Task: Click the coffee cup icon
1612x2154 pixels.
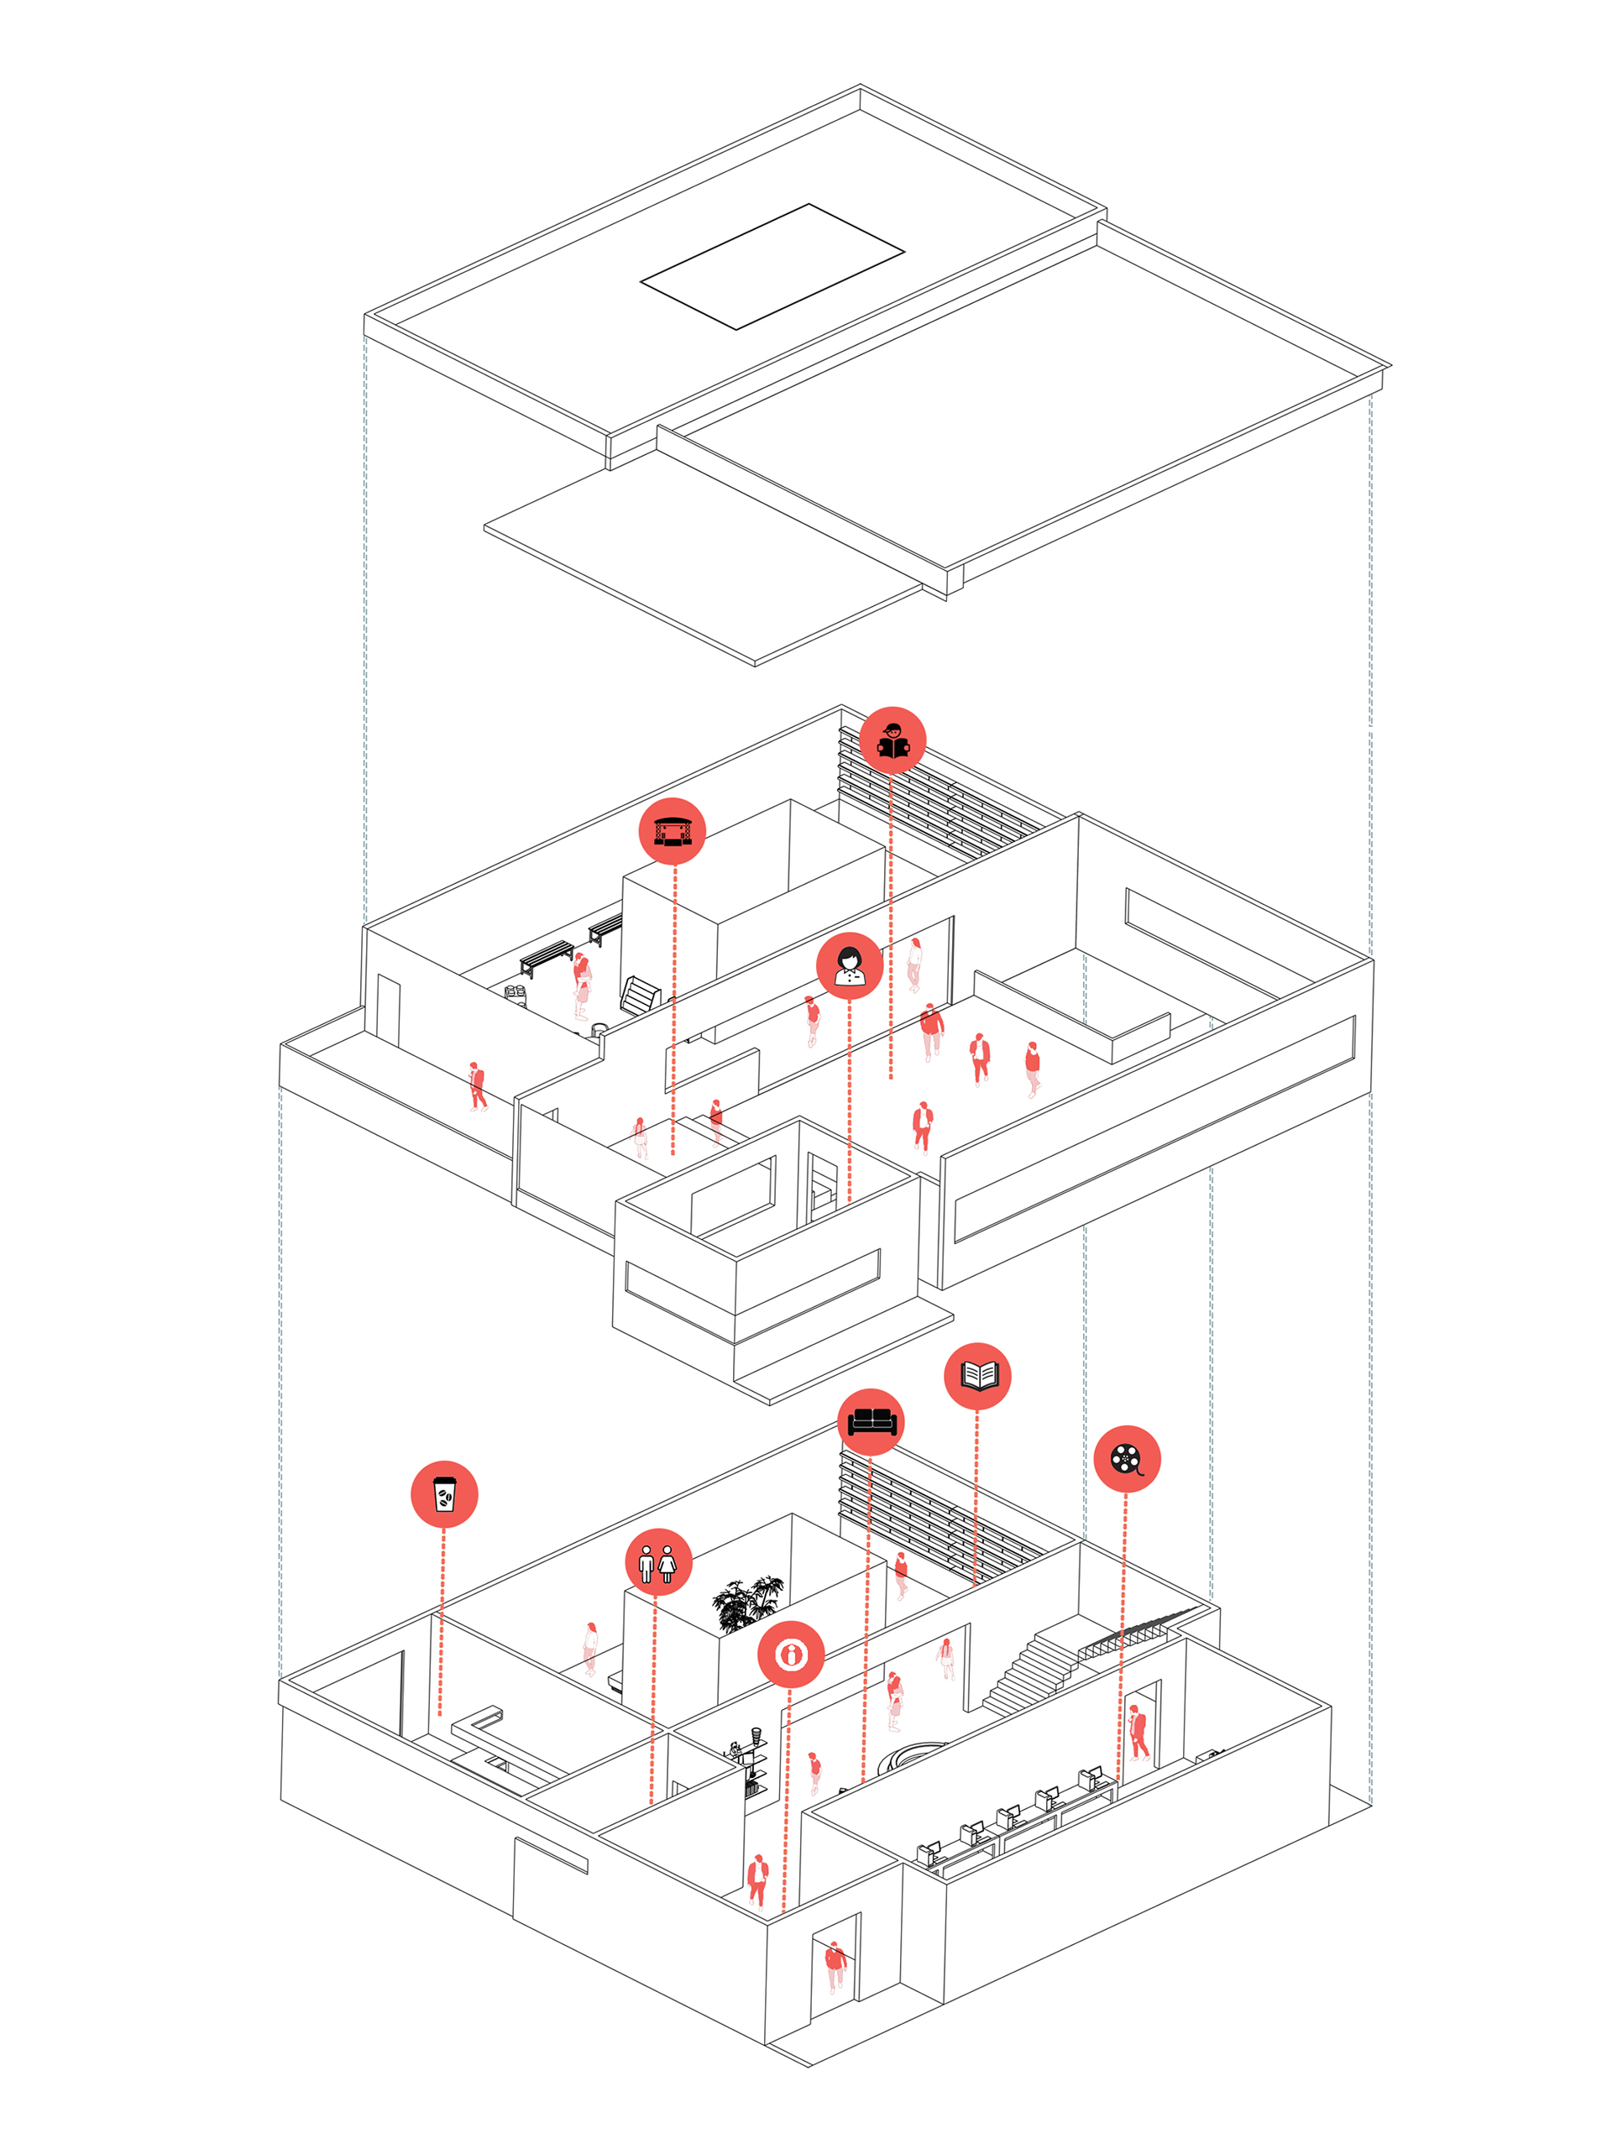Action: point(444,1493)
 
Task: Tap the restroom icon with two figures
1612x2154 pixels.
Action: point(658,1562)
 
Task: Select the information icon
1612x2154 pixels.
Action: point(791,1654)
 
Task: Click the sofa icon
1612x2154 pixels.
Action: point(871,1422)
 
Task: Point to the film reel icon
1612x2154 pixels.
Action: point(1127,1459)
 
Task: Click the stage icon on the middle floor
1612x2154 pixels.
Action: point(672,831)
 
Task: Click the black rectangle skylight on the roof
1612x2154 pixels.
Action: point(772,267)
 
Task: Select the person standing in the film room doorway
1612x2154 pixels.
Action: point(1138,1730)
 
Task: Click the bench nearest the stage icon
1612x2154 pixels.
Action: point(604,929)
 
